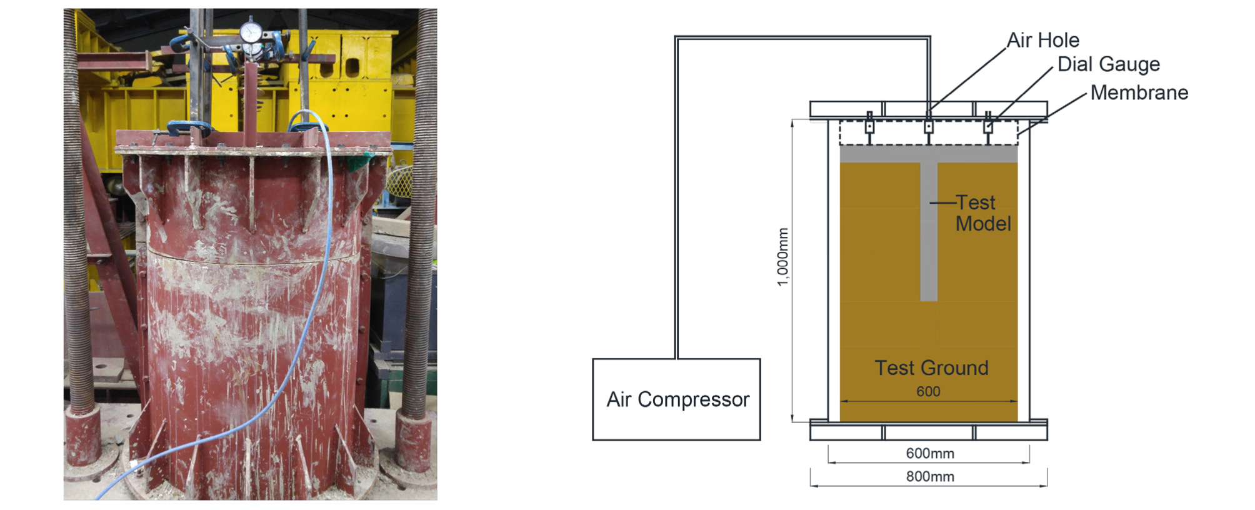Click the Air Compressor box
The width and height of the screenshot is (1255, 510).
pos(676,399)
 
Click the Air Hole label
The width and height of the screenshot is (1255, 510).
pos(1042,41)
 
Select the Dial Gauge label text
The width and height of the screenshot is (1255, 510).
pos(1108,64)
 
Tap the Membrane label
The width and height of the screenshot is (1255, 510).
pos(1139,93)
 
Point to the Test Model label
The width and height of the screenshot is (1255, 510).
pos(982,213)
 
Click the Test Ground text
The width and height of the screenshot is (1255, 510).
pos(931,368)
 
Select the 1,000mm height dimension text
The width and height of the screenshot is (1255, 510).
pos(782,257)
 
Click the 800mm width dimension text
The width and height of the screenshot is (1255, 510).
pos(930,477)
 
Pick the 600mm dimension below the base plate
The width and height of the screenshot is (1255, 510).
pos(930,454)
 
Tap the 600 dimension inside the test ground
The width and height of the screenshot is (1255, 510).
pos(928,392)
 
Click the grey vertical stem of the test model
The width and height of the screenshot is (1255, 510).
pos(929,237)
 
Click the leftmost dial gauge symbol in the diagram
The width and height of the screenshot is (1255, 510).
pos(869,126)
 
